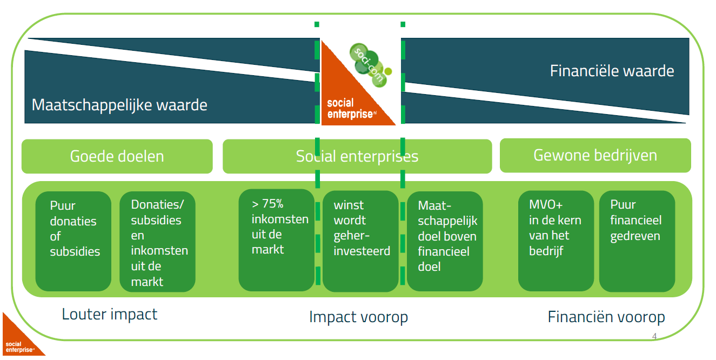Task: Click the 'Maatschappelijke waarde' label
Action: pyautogui.click(x=119, y=104)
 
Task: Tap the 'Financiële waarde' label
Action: pyautogui.click(x=612, y=71)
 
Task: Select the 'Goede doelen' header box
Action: pyautogui.click(x=117, y=156)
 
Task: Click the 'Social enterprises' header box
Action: pyautogui.click(x=357, y=156)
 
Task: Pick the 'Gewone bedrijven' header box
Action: pyautogui.click(x=595, y=155)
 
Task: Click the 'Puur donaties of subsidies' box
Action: pyautogui.click(x=73, y=241)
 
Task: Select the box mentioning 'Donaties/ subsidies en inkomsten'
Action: pyautogui.click(x=157, y=242)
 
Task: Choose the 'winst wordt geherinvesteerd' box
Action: pyautogui.click(x=360, y=241)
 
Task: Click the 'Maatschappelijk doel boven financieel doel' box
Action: pyautogui.click(x=445, y=241)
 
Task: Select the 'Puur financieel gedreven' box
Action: pyautogui.click(x=637, y=241)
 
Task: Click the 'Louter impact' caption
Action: pyautogui.click(x=110, y=314)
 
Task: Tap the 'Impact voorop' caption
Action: pyautogui.click(x=358, y=317)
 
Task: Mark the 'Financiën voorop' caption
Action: pyautogui.click(x=606, y=317)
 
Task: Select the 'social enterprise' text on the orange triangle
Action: pyautogui.click(x=350, y=109)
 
